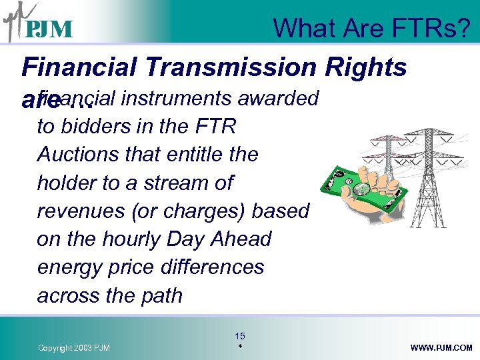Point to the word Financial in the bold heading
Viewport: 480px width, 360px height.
click(77, 67)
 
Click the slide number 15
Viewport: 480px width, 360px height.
click(239, 336)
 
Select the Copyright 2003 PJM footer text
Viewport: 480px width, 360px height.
click(74, 348)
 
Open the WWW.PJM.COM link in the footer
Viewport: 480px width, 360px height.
click(441, 348)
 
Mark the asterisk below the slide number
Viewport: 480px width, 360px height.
click(239, 347)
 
